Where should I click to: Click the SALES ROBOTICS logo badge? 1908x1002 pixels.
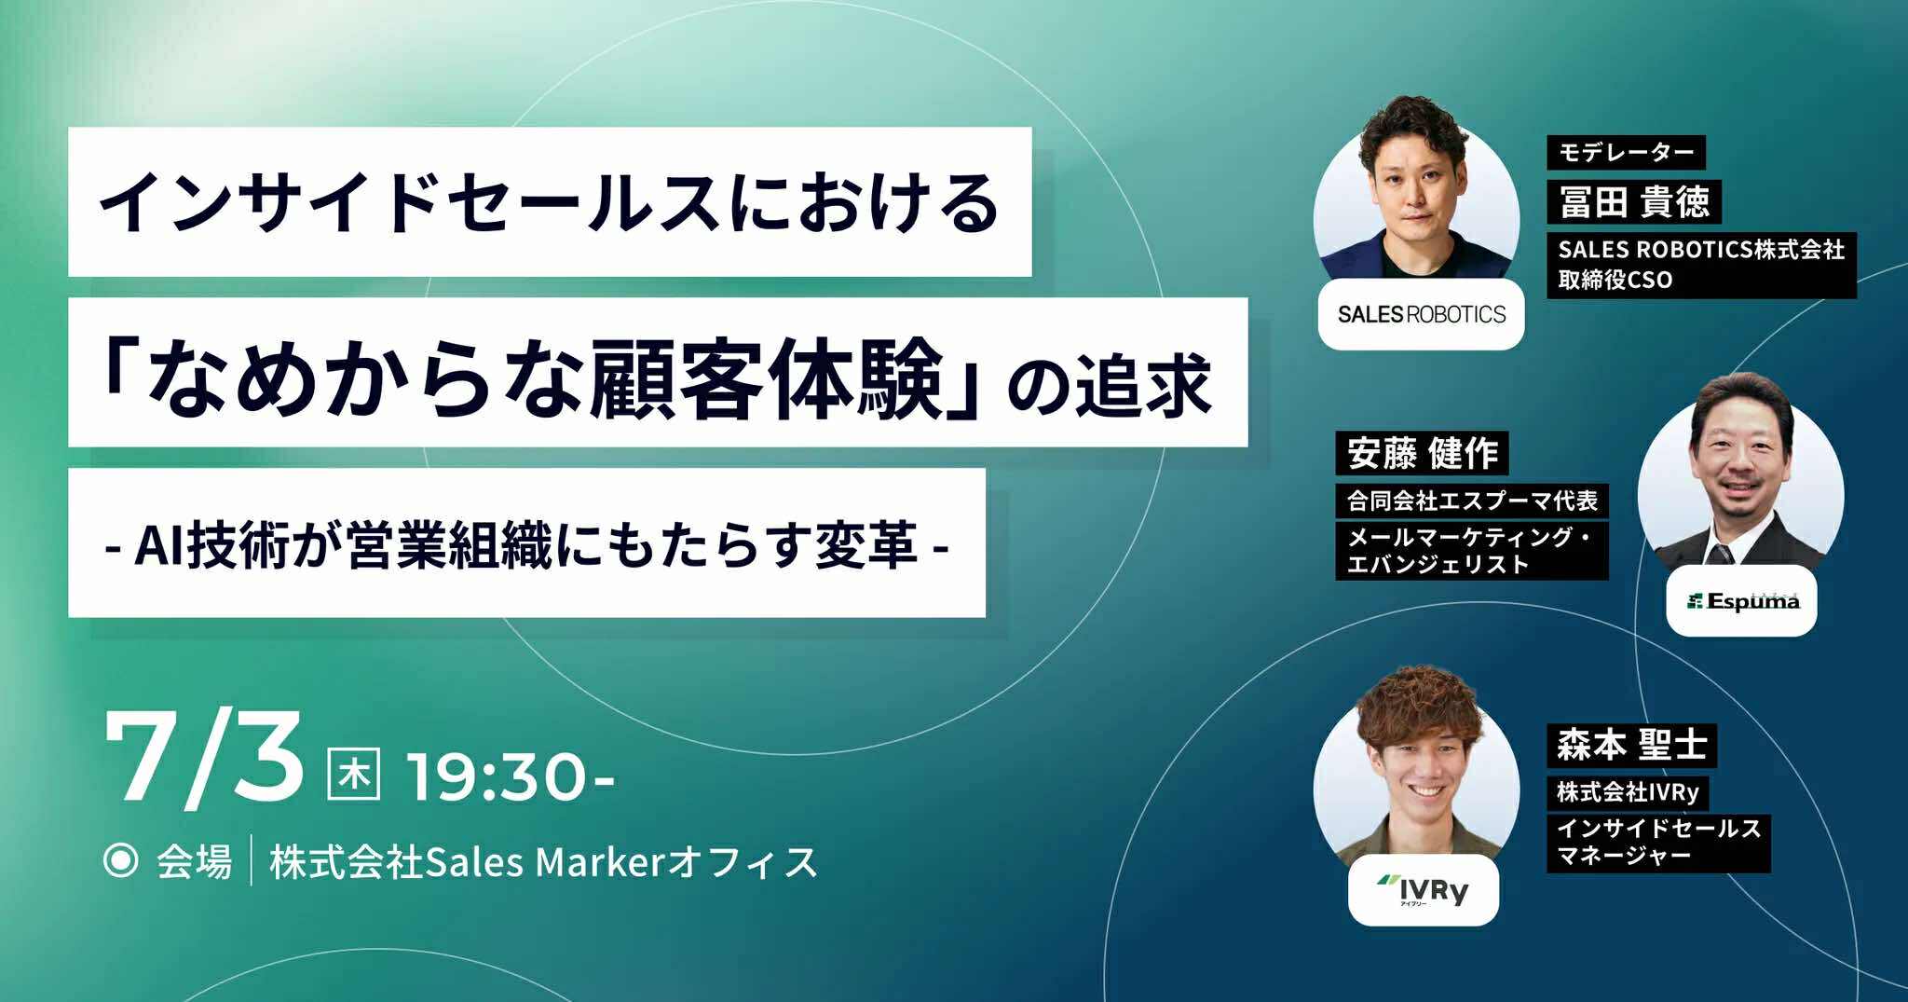tap(1421, 314)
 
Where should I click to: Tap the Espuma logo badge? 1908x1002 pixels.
tap(1741, 601)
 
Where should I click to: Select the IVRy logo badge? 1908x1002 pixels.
tap(1424, 890)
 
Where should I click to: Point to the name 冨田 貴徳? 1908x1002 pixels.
tap(1634, 201)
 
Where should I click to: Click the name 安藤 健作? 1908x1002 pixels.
tap(1422, 454)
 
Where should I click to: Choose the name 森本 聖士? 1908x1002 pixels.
tap(1632, 746)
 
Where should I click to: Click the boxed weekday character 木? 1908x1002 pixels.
tap(355, 776)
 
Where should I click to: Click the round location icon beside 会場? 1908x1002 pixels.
tap(120, 861)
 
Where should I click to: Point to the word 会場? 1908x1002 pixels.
tap(194, 862)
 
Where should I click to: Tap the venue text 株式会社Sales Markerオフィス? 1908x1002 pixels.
tap(543, 862)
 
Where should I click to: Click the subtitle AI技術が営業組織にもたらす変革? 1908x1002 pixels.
tap(526, 545)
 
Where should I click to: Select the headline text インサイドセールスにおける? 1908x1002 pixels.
tap(549, 202)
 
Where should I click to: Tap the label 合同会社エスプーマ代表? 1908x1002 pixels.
tap(1472, 501)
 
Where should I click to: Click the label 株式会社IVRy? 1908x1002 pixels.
tap(1628, 792)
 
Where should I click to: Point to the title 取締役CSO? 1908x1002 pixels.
tap(1615, 280)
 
